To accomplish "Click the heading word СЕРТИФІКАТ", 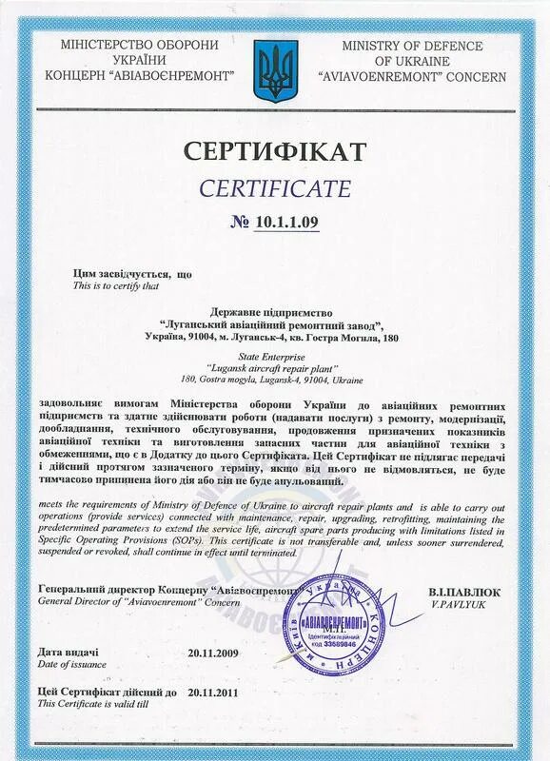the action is [x=274, y=150].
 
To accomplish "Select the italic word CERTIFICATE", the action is [x=274, y=186].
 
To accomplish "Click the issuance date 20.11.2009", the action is [x=214, y=654].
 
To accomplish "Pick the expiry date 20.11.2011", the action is [x=214, y=693].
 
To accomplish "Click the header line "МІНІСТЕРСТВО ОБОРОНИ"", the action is [x=126, y=45].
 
